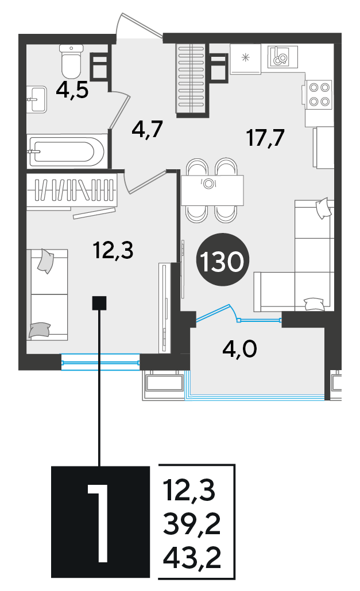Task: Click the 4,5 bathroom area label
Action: pos(72,91)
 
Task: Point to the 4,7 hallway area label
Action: pos(147,129)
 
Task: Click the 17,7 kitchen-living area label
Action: pos(265,137)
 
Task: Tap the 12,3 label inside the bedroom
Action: pos(114,251)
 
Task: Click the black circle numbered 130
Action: pos(222,260)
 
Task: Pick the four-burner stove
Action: pos(319,94)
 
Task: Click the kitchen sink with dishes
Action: pos(282,57)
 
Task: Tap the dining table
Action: pos(212,190)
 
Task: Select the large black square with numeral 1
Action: pos(100,522)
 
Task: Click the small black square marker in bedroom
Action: pos(99,302)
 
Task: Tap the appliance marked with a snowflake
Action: pos(245,59)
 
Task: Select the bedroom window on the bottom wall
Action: pos(100,363)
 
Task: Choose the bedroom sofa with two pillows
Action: pos(48,294)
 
